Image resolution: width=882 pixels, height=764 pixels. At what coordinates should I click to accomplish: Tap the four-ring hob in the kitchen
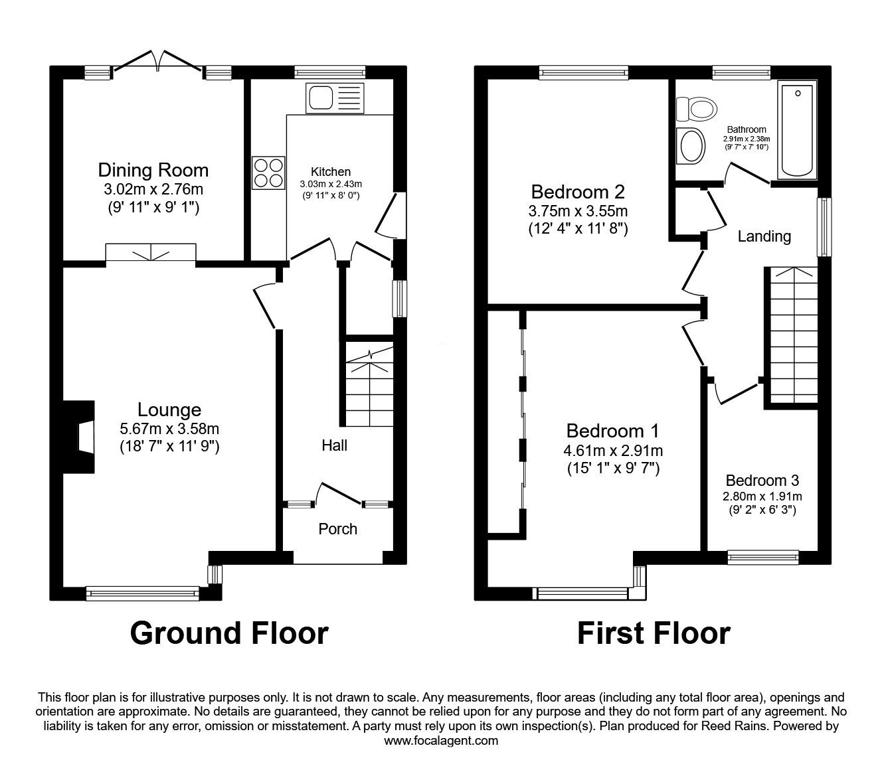[269, 172]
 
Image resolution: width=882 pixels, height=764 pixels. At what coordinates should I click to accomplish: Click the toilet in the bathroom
[695, 106]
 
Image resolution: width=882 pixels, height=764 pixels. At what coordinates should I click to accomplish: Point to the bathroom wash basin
[691, 145]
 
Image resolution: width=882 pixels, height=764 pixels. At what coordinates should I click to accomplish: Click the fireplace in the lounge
[80, 437]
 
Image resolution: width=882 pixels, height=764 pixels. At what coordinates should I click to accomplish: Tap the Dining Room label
[153, 170]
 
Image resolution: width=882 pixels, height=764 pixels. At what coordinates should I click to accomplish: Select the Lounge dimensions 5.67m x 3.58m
[169, 429]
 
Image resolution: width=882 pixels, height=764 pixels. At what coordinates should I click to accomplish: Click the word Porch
[337, 529]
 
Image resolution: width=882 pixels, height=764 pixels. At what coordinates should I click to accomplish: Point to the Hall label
[334, 445]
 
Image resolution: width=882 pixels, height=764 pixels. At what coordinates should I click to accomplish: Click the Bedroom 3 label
[762, 480]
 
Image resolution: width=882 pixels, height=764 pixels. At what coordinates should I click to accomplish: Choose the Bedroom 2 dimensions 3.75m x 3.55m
[578, 211]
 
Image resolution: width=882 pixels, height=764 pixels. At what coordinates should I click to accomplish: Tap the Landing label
[764, 236]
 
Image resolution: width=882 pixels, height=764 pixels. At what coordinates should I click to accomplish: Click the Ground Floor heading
[229, 633]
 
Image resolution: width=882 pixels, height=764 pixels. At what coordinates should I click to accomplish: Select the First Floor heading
[654, 633]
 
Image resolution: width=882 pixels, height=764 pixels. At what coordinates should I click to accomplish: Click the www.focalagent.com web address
[441, 741]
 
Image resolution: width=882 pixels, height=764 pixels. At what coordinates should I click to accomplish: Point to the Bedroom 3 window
[762, 558]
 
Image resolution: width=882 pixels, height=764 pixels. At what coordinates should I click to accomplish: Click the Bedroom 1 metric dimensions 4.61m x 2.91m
[613, 451]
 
